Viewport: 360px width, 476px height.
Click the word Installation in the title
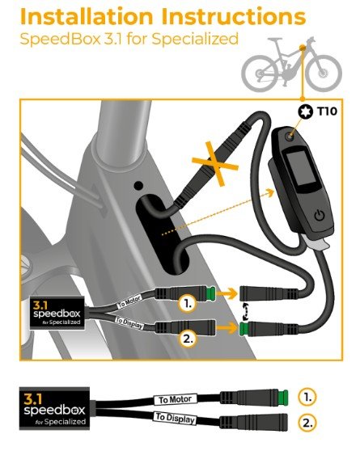click(x=87, y=17)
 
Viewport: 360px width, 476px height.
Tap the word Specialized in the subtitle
click(x=195, y=40)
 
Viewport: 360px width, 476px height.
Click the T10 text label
click(x=327, y=112)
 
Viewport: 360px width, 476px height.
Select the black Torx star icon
click(x=305, y=112)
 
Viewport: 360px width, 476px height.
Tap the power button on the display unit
click(x=320, y=216)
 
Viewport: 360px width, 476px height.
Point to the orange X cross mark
click(x=214, y=164)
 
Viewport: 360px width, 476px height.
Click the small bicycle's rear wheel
click(x=260, y=74)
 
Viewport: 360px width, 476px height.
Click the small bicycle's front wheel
click(x=324, y=74)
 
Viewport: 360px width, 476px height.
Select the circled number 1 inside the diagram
click(x=188, y=304)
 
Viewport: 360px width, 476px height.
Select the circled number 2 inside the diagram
click(x=188, y=339)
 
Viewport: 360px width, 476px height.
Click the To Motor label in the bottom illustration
click(x=176, y=399)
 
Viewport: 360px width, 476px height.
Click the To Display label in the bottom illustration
click(x=176, y=418)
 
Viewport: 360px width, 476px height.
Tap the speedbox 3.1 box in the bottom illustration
click(x=55, y=408)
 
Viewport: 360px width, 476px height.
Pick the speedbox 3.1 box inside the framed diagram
click(x=57, y=314)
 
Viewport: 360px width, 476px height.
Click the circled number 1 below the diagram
click(x=307, y=397)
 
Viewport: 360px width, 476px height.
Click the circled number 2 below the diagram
click(x=307, y=423)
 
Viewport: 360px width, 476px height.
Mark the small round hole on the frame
click(x=138, y=186)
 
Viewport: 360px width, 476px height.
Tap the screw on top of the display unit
click(x=289, y=137)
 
